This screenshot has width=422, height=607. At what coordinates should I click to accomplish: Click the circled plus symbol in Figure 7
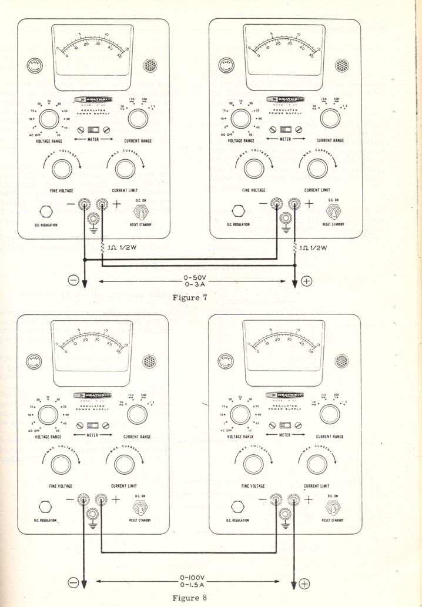pyautogui.click(x=306, y=280)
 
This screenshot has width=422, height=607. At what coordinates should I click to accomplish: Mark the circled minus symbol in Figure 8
pyautogui.click(x=73, y=582)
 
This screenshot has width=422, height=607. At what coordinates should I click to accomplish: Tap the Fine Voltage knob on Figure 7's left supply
pyautogui.click(x=58, y=169)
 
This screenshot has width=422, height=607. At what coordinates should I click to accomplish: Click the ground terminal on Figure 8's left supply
pyautogui.click(x=93, y=514)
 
